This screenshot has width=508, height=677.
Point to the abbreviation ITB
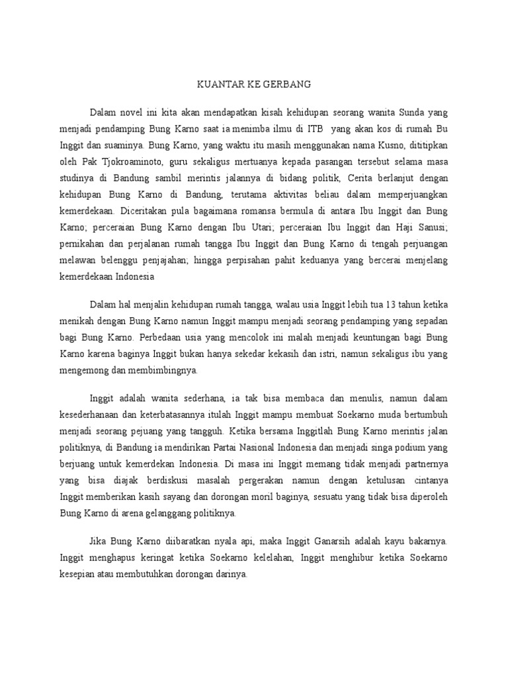click(x=313, y=128)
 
